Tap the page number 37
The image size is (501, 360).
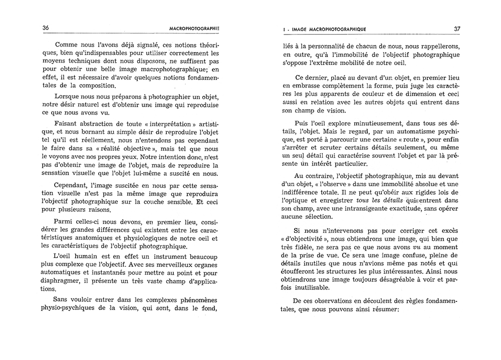coord(457,29)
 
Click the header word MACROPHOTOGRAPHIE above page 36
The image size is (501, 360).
coord(192,29)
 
